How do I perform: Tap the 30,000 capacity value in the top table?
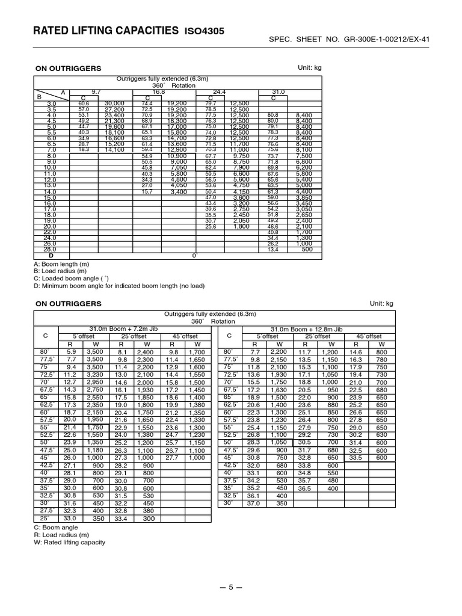tap(114, 103)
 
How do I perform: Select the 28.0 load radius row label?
tap(49, 248)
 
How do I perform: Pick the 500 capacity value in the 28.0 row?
tap(307, 248)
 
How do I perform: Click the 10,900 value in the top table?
tap(179, 156)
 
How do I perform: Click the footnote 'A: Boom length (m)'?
tap(63, 263)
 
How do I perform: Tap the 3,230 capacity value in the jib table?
tap(95, 374)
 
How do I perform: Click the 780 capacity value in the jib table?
tap(381, 359)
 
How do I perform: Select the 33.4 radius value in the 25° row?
tap(121, 518)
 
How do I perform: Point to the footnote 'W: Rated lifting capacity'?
tap(69, 542)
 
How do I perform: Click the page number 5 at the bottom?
tap(234, 587)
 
